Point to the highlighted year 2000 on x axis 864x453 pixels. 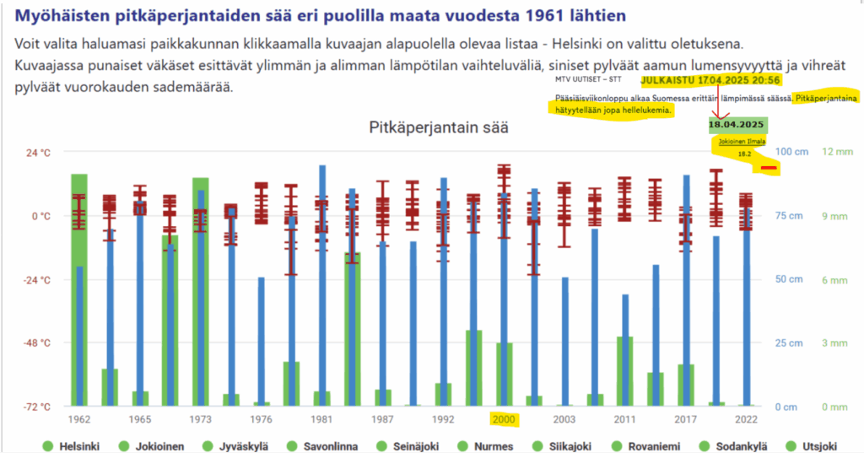503,419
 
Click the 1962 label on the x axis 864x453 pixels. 78,419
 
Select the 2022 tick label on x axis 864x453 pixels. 746,419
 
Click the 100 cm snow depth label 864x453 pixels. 791,152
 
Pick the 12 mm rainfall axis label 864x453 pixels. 838,152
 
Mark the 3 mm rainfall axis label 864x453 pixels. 835,342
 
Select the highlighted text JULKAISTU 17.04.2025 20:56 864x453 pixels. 710,80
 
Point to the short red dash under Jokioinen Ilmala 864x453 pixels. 768,168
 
